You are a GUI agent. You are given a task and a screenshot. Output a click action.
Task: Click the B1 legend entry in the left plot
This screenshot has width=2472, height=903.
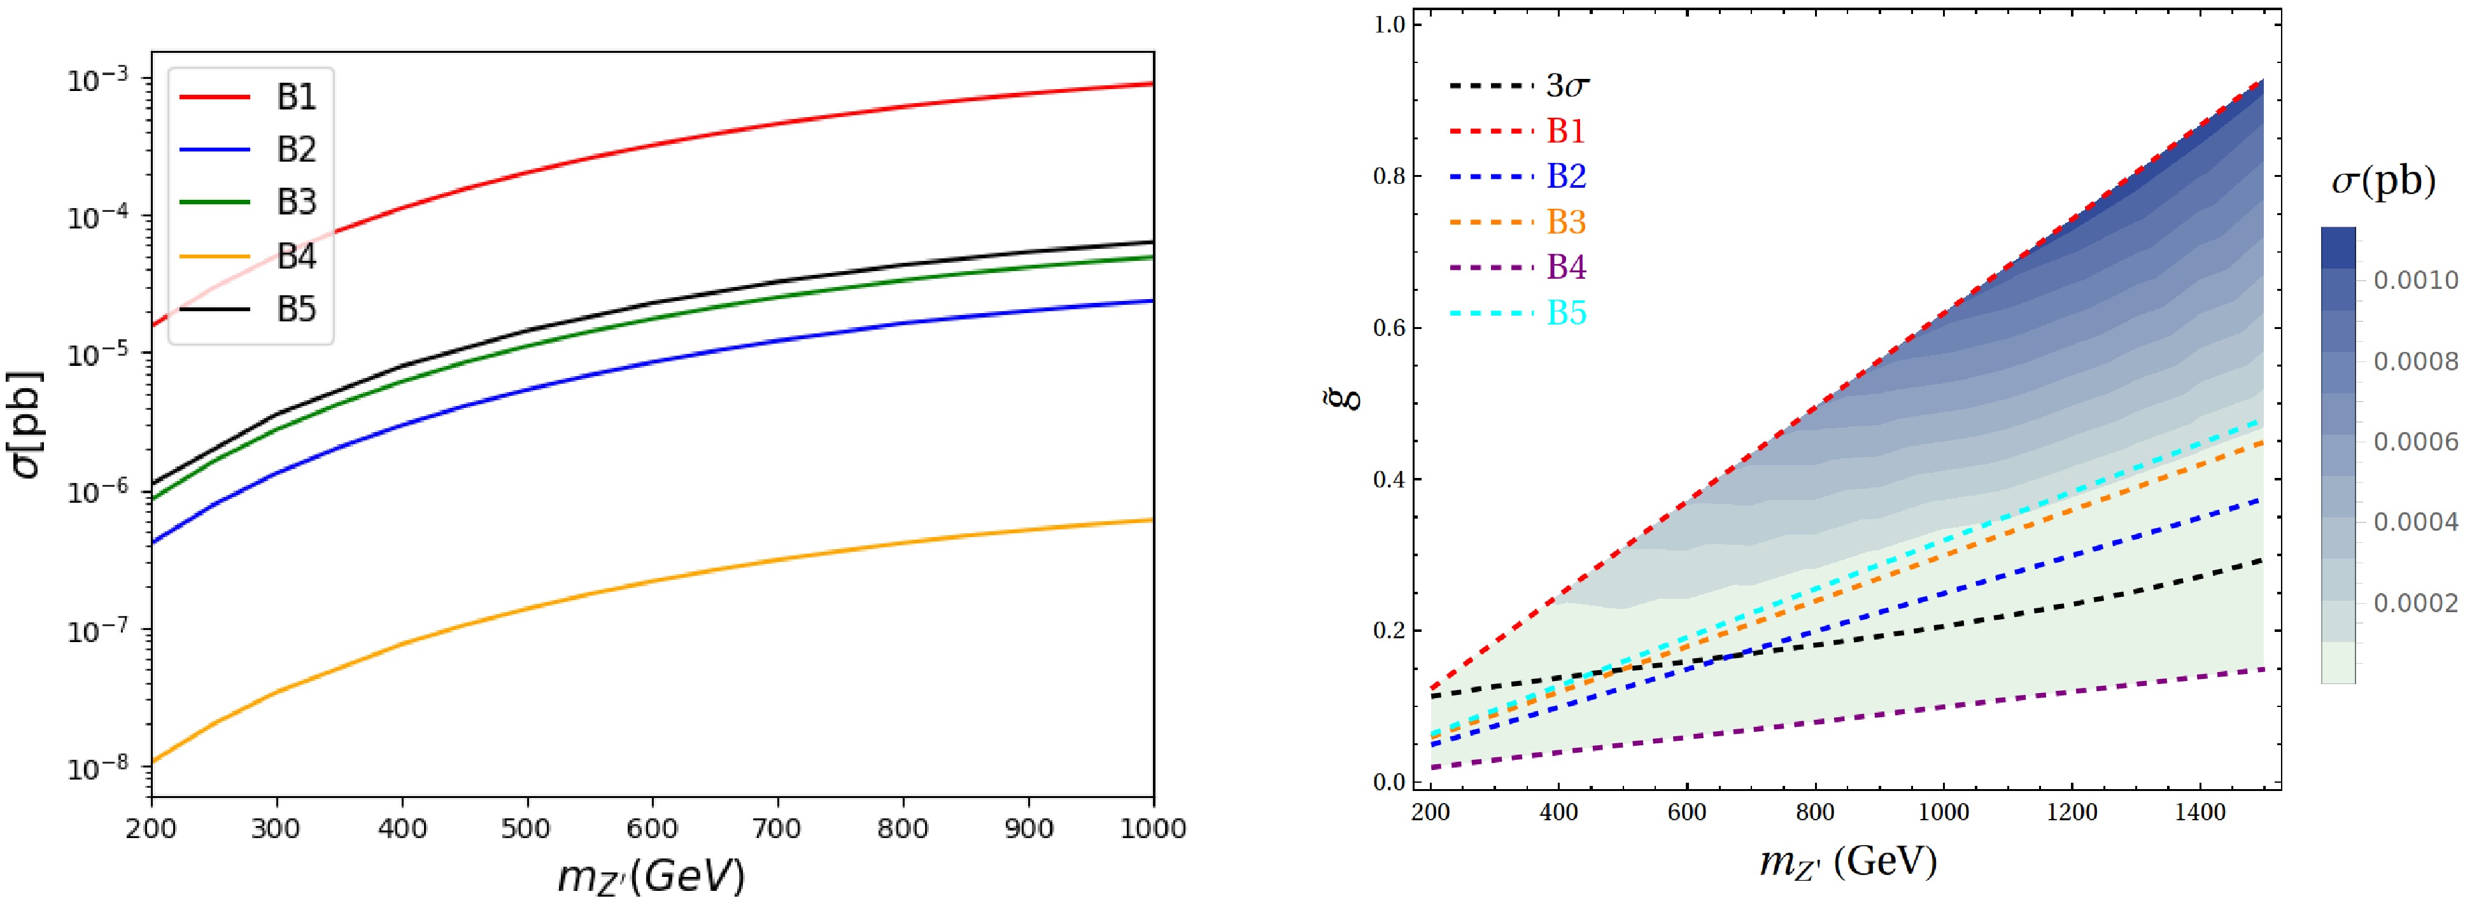pos(295,97)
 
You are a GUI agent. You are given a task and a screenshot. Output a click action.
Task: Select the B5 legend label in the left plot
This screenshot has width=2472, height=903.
pos(295,310)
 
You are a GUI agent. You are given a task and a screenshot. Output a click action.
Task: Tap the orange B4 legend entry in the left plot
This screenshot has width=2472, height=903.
pos(295,256)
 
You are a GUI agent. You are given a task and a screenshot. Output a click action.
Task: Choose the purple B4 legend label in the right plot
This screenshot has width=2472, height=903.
pos(1566,268)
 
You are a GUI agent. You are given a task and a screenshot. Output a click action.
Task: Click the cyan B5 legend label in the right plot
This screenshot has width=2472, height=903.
pos(1566,314)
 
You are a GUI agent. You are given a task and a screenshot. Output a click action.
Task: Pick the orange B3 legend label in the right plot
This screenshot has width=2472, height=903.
pos(1566,223)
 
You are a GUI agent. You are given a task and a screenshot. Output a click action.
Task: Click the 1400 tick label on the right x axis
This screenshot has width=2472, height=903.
pos(2200,813)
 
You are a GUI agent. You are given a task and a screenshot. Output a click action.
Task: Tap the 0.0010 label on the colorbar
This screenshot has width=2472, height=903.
pos(2415,280)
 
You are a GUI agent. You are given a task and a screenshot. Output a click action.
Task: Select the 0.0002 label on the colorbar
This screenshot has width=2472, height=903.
pos(2415,604)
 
